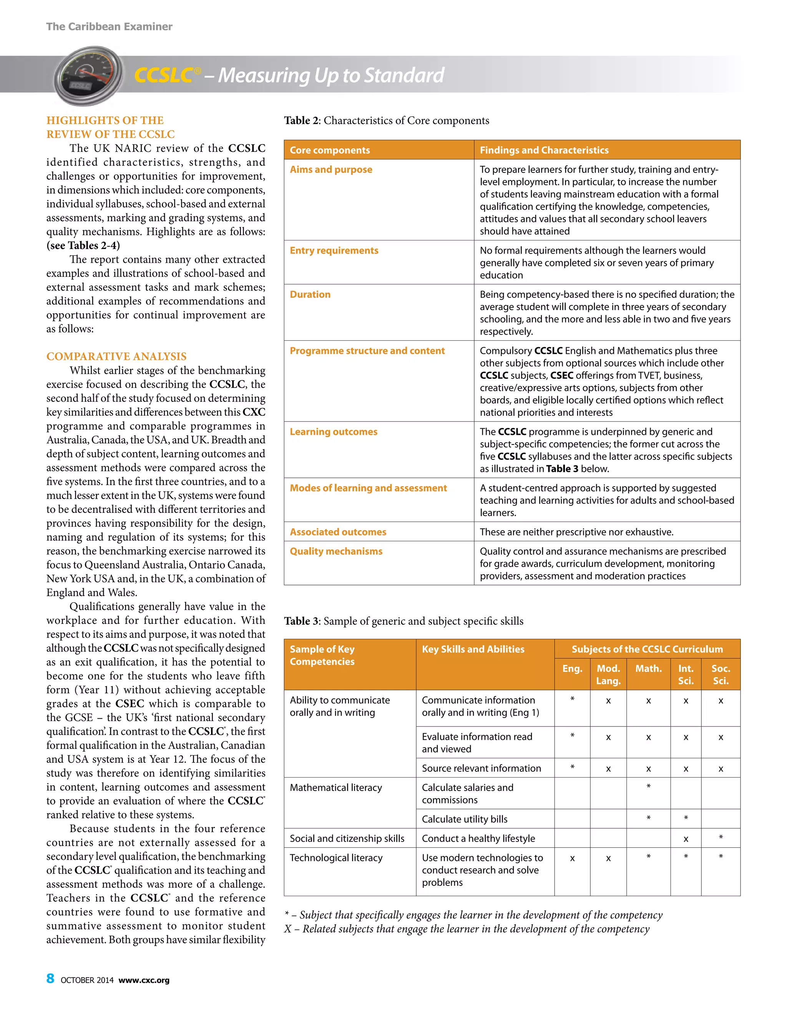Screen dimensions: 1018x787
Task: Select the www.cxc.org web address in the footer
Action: (x=144, y=980)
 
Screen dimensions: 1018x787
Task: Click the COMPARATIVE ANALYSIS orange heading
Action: (x=116, y=356)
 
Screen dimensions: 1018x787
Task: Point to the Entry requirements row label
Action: (x=334, y=250)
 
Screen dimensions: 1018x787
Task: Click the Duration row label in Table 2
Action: (x=310, y=294)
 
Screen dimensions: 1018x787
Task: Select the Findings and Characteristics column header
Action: (x=544, y=150)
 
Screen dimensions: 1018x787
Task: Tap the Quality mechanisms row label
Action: (x=336, y=551)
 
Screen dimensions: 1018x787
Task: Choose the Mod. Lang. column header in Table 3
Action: (x=608, y=674)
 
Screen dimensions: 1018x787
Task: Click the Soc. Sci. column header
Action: (x=721, y=674)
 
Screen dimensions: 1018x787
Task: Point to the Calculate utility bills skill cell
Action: (x=464, y=819)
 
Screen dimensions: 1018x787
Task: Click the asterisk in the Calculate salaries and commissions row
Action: (x=648, y=787)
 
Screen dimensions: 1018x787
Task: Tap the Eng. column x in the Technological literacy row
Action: (x=572, y=858)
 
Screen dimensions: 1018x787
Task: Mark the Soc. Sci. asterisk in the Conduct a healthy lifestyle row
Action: (x=721, y=837)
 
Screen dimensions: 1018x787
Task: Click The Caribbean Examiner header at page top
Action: (x=109, y=27)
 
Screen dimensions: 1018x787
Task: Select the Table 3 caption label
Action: (x=302, y=621)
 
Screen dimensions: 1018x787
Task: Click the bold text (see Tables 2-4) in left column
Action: (x=83, y=245)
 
